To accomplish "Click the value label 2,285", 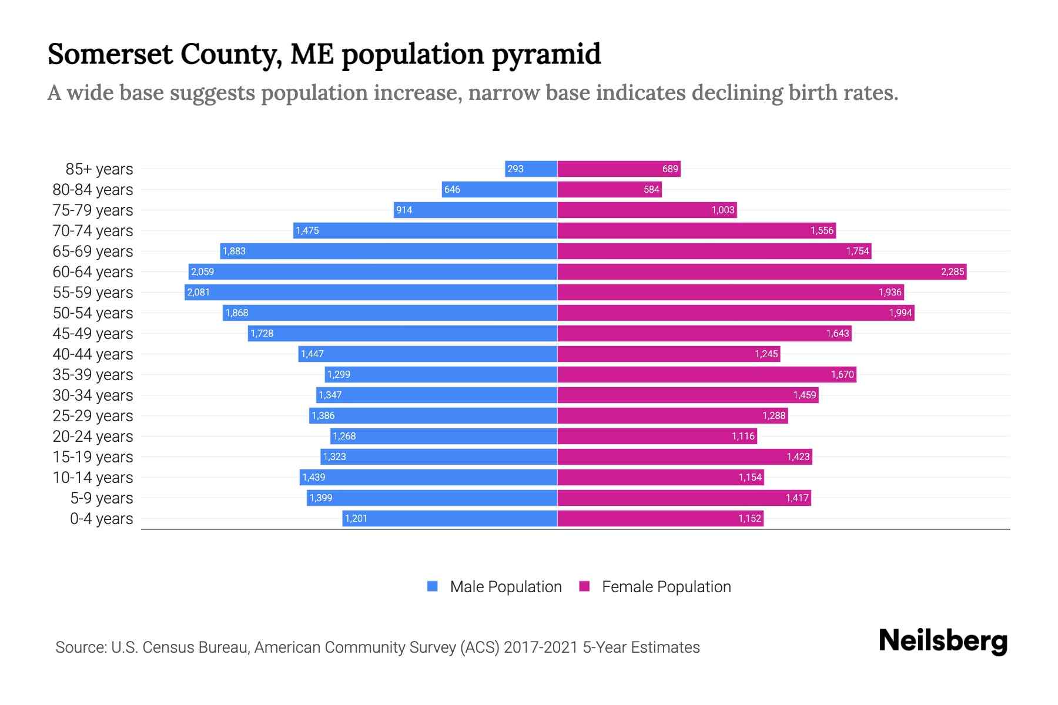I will point(952,272).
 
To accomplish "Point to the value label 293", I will point(515,169).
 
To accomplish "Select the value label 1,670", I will point(842,375).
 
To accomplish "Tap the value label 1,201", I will point(356,519).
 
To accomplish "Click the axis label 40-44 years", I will point(93,354).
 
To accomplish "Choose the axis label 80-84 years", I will point(93,190).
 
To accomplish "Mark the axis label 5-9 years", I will point(102,498).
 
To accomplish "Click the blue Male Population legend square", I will point(433,586).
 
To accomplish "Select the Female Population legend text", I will point(666,587).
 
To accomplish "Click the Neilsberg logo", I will point(943,641).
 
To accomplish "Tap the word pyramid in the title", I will point(546,55).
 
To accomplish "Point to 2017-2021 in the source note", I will point(541,647).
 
